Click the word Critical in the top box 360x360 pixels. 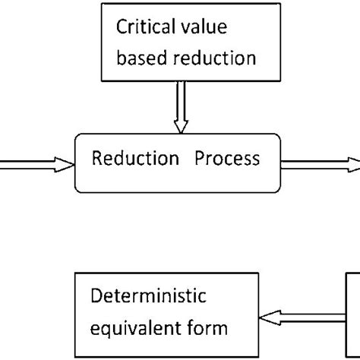coord(138,27)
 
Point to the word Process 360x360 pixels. coord(226,159)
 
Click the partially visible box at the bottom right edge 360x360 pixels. coord(354,311)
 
